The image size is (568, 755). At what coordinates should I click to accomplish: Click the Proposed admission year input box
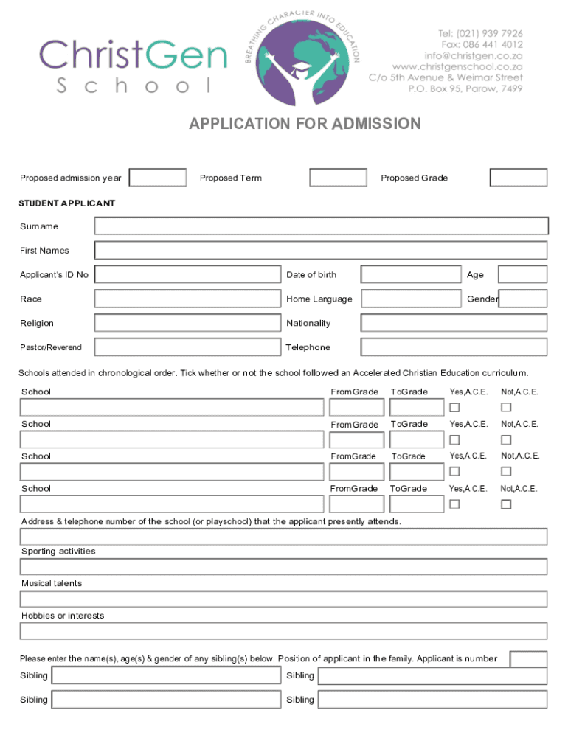click(158, 178)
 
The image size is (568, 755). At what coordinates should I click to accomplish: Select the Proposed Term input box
click(338, 178)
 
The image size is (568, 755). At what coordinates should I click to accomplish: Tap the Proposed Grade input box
click(519, 178)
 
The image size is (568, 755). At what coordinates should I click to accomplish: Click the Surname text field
click(322, 226)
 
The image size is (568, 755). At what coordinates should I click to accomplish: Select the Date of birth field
click(411, 275)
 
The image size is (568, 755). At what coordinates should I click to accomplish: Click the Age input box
click(522, 275)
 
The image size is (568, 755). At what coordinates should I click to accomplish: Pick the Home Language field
click(411, 299)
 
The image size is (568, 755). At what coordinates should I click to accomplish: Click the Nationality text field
click(454, 323)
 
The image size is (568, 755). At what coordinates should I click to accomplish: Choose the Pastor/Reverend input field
click(188, 347)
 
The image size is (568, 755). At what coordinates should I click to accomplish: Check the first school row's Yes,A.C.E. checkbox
click(455, 408)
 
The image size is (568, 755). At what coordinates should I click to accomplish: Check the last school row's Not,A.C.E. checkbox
click(506, 504)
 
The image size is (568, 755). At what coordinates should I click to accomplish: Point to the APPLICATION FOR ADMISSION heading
click(305, 124)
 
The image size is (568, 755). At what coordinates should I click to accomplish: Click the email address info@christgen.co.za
click(474, 55)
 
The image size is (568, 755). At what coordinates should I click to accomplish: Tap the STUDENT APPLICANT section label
click(67, 203)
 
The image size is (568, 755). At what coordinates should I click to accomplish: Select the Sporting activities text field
click(284, 567)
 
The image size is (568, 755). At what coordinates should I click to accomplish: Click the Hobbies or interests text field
click(284, 631)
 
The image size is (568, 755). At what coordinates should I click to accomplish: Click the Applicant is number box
click(528, 659)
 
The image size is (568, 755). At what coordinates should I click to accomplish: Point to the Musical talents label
click(52, 583)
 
